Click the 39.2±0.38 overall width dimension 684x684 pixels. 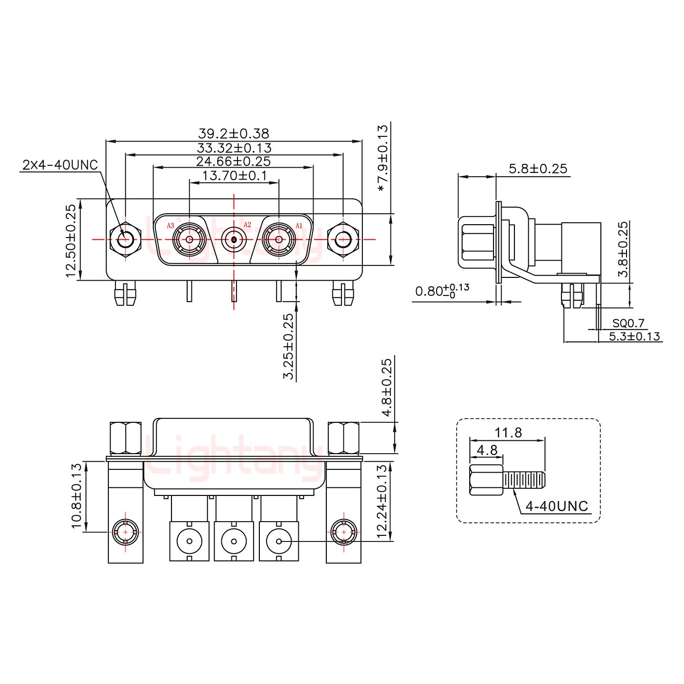[233, 133]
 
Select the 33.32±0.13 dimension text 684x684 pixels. [234, 148]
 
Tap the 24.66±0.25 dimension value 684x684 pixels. [233, 161]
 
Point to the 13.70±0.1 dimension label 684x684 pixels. [234, 176]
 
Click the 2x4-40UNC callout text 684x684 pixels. [60, 165]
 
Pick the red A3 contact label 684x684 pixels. [171, 226]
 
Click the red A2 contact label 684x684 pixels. [247, 225]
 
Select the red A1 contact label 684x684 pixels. [299, 226]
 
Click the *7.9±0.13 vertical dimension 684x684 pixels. [382, 158]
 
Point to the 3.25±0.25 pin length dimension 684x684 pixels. [288, 347]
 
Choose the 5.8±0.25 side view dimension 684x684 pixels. [538, 169]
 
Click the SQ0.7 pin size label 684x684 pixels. [628, 323]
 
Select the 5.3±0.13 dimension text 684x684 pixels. [635, 336]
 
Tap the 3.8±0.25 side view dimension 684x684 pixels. [623, 249]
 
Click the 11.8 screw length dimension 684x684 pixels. [508, 433]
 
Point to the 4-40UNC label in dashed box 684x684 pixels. [556, 506]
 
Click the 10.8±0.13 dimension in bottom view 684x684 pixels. [76, 496]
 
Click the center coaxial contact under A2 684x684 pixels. [234, 239]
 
